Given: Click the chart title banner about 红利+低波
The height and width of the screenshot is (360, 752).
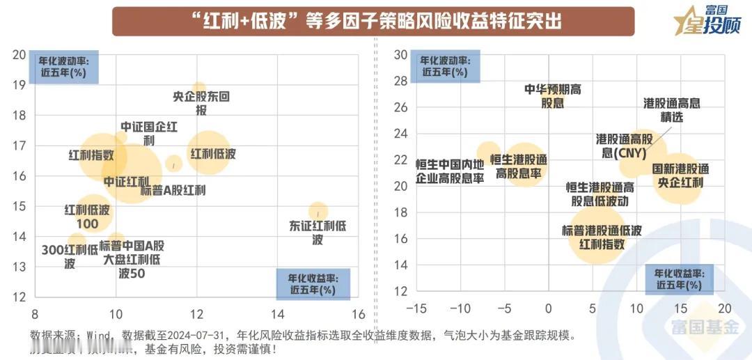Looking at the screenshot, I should tap(373, 22).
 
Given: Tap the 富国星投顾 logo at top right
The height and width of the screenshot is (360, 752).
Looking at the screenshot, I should tap(703, 21).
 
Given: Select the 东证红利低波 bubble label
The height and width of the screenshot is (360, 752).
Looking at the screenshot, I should tap(318, 233).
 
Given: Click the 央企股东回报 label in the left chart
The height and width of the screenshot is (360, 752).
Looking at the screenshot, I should tap(201, 104).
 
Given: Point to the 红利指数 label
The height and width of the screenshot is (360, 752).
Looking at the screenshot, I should tap(91, 155).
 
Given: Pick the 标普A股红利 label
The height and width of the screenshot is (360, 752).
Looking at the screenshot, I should tap(173, 189).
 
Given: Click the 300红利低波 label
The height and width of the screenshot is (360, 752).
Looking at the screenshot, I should tap(69, 256).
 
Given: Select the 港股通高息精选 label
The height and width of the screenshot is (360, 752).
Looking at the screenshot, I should tap(672, 110).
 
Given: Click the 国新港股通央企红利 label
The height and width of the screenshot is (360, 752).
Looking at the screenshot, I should tap(680, 175).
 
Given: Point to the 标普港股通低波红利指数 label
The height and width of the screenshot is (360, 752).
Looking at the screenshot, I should tap(602, 237).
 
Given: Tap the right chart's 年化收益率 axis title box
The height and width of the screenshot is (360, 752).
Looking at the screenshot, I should tap(680, 279).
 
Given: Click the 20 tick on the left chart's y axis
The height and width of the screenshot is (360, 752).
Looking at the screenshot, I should tap(19, 55).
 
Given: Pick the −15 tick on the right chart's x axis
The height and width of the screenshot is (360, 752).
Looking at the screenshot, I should tap(416, 307).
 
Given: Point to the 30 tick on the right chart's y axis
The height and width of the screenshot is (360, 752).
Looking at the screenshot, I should tap(400, 55).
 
